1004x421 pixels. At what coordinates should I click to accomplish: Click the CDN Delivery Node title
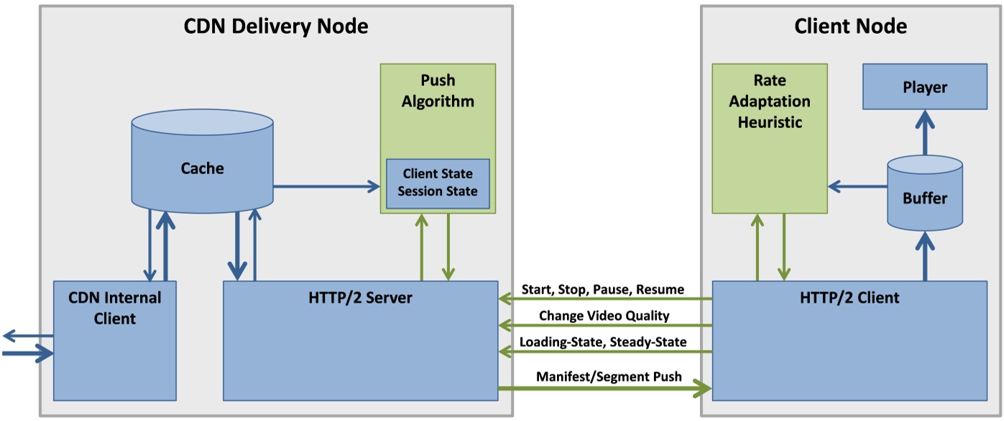point(276,27)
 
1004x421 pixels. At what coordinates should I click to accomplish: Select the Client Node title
point(850,27)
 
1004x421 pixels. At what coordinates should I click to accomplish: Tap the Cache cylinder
point(202,169)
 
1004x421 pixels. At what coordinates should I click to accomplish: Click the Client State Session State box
point(438,183)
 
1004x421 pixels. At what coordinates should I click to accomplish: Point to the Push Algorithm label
point(438,91)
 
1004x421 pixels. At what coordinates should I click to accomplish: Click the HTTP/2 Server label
point(361,297)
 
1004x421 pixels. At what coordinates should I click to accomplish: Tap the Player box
point(924,88)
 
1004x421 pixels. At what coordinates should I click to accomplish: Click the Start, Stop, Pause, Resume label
point(603,290)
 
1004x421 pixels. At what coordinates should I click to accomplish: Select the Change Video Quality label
point(604,315)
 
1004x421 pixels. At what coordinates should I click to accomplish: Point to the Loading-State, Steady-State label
point(603,343)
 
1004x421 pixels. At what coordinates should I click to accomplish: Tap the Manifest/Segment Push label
point(609,376)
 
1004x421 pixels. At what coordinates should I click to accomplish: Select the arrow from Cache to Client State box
point(326,187)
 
